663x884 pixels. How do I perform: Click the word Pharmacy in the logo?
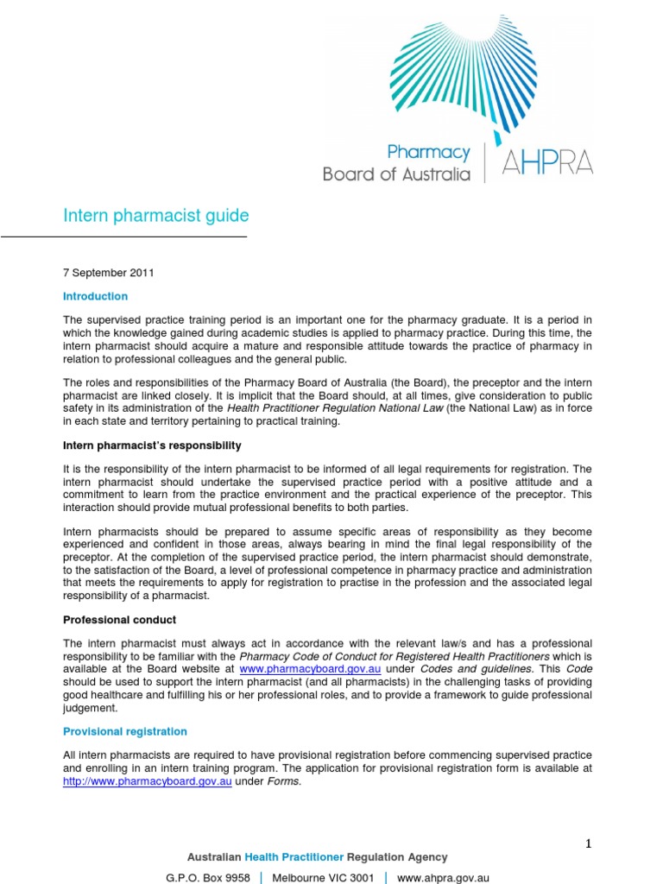(428, 153)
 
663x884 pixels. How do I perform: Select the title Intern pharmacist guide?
(156, 215)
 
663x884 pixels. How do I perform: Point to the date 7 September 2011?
(109, 273)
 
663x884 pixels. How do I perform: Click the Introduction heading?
(95, 296)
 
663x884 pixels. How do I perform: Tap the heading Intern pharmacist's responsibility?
(152, 445)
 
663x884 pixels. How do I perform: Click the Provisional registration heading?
(125, 731)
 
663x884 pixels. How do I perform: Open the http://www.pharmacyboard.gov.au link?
(148, 780)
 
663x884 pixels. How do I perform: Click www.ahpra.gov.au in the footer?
(443, 877)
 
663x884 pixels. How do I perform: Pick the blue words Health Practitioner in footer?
(294, 857)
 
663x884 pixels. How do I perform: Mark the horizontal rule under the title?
(123, 237)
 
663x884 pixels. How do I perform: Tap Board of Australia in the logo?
(396, 174)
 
